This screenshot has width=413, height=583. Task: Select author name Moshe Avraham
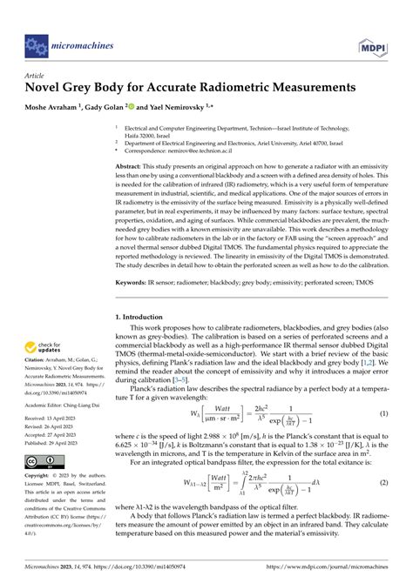[54, 106]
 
